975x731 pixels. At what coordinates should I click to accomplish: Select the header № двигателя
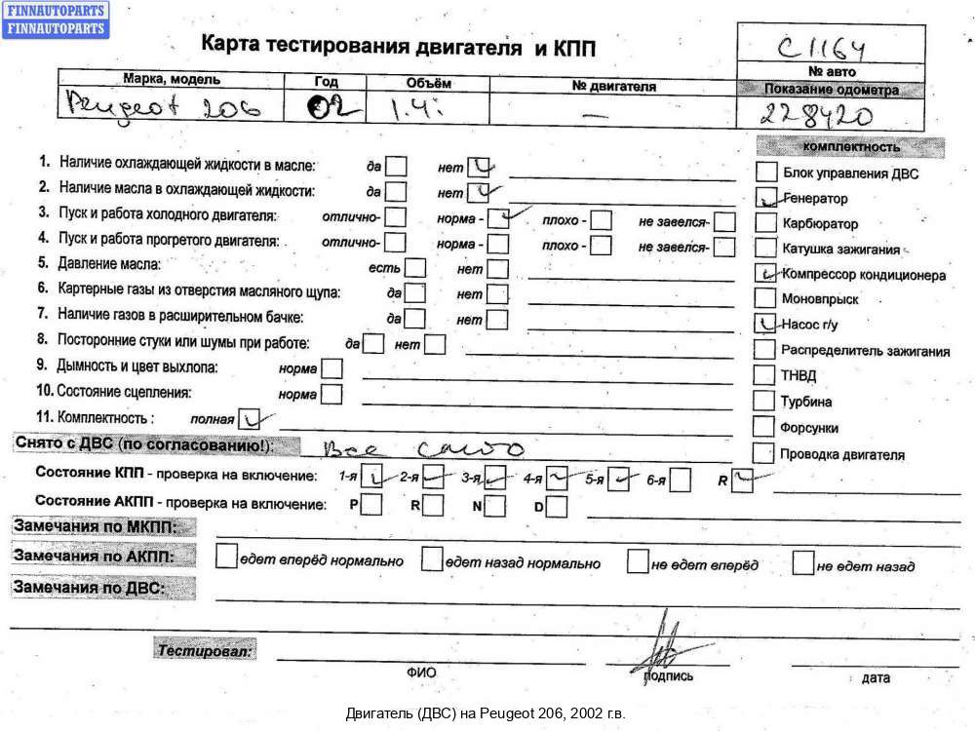tap(614, 86)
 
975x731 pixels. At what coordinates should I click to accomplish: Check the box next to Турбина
tap(765, 401)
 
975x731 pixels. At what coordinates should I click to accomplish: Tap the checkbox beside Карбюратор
tap(765, 223)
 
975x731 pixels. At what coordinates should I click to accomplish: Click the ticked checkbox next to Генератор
tap(765, 198)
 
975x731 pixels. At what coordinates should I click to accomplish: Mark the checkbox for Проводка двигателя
tap(765, 453)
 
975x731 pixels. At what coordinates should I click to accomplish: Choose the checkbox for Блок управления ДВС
tap(765, 173)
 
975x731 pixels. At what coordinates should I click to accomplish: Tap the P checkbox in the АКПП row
tap(370, 505)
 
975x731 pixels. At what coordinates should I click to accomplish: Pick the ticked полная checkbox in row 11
tap(250, 418)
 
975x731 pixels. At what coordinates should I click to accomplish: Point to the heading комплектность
tap(849, 147)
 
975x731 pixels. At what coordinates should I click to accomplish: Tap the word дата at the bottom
tap(876, 677)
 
